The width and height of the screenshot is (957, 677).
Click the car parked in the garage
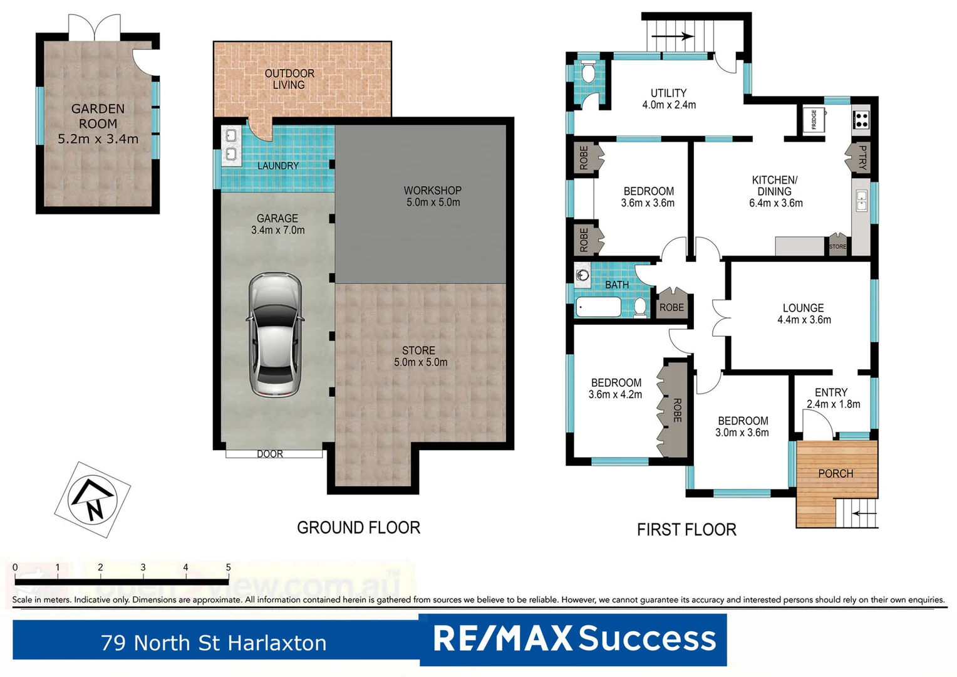[275, 334]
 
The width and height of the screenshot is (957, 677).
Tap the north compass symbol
[92, 500]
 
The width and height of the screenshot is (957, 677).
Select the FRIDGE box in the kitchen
[814, 119]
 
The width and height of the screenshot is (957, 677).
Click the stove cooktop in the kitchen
[861, 119]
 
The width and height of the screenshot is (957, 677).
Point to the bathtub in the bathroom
[599, 307]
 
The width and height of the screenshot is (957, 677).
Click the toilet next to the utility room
[587, 73]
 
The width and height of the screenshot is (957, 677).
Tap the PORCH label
[835, 473]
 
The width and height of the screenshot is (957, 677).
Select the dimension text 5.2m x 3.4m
[98, 139]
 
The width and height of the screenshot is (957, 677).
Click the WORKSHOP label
[432, 190]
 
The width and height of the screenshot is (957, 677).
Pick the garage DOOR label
[270, 454]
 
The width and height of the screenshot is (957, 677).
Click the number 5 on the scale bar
[228, 567]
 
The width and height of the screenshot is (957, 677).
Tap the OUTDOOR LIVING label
[289, 79]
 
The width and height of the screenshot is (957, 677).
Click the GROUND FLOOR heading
[358, 528]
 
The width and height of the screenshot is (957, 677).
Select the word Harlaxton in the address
[277, 643]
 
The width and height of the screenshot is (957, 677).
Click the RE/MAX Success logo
[574, 639]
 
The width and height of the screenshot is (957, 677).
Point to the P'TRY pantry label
[862, 157]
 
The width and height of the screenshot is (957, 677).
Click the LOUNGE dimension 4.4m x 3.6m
[804, 320]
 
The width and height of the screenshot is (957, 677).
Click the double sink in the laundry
[230, 144]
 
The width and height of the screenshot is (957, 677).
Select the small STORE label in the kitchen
[837, 246]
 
